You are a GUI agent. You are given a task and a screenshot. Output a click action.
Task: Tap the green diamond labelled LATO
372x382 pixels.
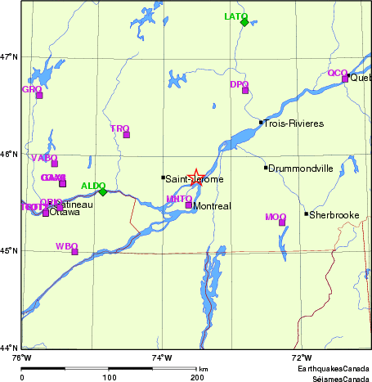(x=244, y=22)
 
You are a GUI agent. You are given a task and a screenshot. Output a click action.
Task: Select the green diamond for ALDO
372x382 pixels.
(x=103, y=191)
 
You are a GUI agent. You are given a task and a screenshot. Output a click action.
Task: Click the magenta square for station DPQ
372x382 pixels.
(x=245, y=90)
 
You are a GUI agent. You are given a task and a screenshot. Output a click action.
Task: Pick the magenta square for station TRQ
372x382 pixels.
(x=127, y=134)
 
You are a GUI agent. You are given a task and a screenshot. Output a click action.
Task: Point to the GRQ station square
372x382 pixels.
(x=38, y=95)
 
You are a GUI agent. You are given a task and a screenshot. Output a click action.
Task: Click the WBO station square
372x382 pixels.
(x=74, y=251)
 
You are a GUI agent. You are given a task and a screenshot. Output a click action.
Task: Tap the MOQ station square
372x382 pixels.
(x=282, y=222)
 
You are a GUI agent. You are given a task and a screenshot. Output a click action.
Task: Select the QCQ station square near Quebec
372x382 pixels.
(x=345, y=79)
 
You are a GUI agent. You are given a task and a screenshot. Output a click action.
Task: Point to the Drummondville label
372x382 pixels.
(x=302, y=168)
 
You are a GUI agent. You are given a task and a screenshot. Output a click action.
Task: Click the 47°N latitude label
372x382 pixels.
(x=10, y=57)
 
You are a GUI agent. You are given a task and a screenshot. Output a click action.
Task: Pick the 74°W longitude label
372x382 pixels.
(x=163, y=357)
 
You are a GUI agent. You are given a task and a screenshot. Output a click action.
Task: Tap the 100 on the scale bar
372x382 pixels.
(x=109, y=378)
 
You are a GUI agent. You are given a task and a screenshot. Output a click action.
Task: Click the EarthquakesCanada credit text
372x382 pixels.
(x=332, y=369)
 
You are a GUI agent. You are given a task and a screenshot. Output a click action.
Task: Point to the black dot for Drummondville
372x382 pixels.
(x=266, y=168)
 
